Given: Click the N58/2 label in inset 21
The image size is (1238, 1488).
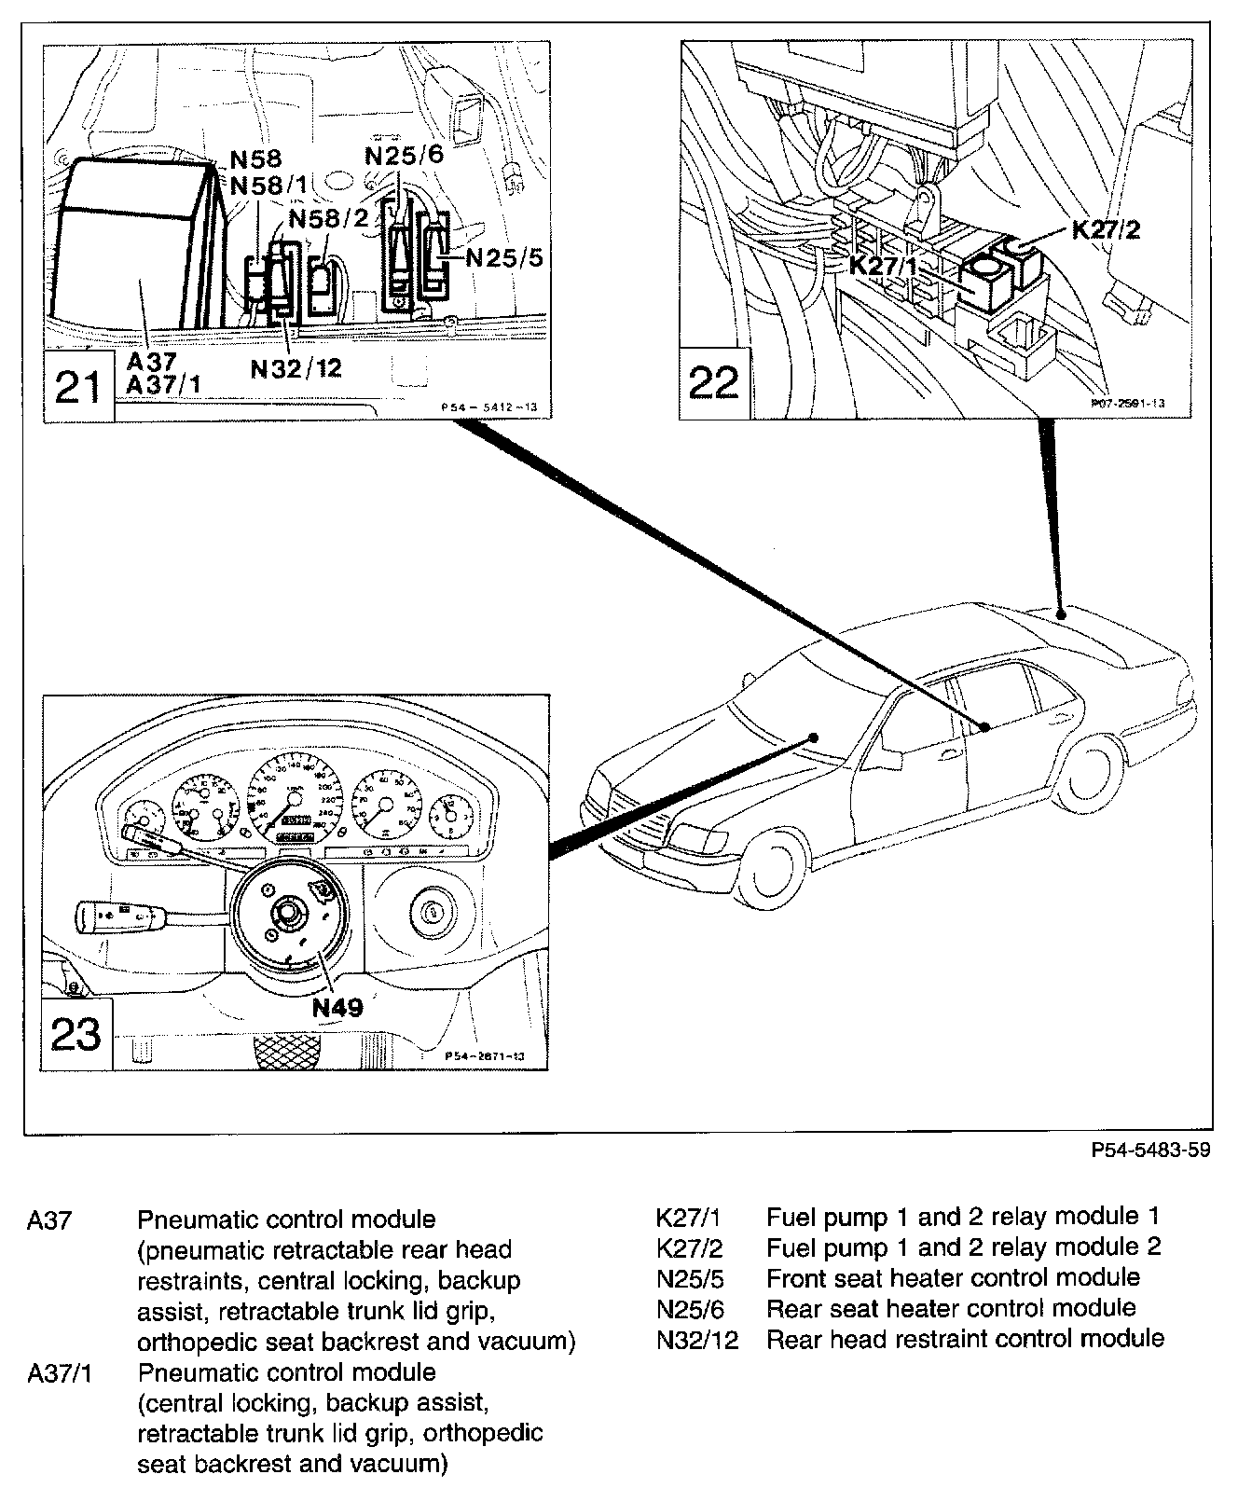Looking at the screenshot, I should [x=329, y=218].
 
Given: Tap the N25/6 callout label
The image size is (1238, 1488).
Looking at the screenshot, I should [x=404, y=155].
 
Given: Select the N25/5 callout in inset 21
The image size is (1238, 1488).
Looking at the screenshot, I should [x=503, y=256].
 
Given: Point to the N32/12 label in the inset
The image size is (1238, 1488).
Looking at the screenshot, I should [x=296, y=367].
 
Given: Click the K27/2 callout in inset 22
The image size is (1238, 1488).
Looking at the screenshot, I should [x=1107, y=229].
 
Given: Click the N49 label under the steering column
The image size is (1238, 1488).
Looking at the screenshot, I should [x=337, y=1007].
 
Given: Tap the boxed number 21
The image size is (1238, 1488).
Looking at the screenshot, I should [x=78, y=386].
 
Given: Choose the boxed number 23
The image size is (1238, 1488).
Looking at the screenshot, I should [x=77, y=1034].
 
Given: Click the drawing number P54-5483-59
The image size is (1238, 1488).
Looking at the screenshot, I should [x=1151, y=1150].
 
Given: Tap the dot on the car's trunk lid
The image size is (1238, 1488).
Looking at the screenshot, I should [x=1062, y=614].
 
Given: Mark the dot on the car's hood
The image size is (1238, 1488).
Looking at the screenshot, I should [x=814, y=737].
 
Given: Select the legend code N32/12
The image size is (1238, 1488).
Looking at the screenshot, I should [x=696, y=1339].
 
